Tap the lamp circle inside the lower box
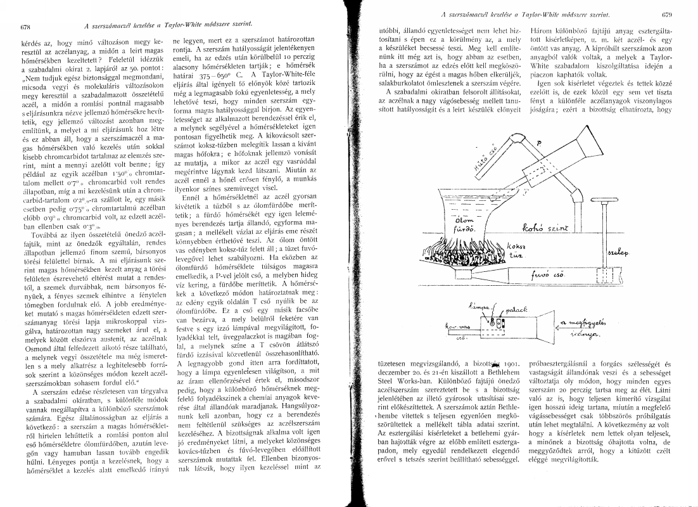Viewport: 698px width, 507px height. click(498, 323)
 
